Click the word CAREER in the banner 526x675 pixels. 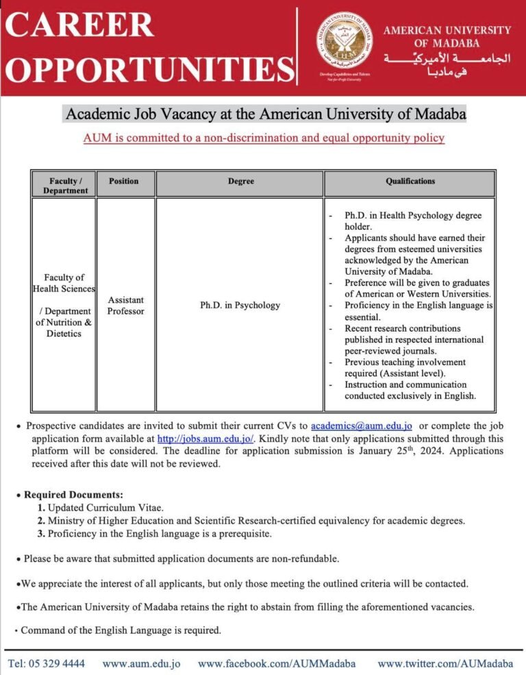pos(81,25)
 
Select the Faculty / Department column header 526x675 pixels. pos(64,185)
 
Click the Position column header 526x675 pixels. pos(124,181)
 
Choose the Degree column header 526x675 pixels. pos(240,182)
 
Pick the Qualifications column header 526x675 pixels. pos(410,182)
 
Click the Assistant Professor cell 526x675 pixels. pos(125,306)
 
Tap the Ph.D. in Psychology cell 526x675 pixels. pos(240,305)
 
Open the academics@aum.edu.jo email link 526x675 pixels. pos(361,426)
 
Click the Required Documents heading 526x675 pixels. pos(74,494)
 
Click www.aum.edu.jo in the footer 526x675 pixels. pos(141,663)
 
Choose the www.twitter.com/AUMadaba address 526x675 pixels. pos(445,663)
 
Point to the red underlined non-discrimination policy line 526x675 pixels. pos(264,138)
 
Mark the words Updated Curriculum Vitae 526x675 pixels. pos(106,508)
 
